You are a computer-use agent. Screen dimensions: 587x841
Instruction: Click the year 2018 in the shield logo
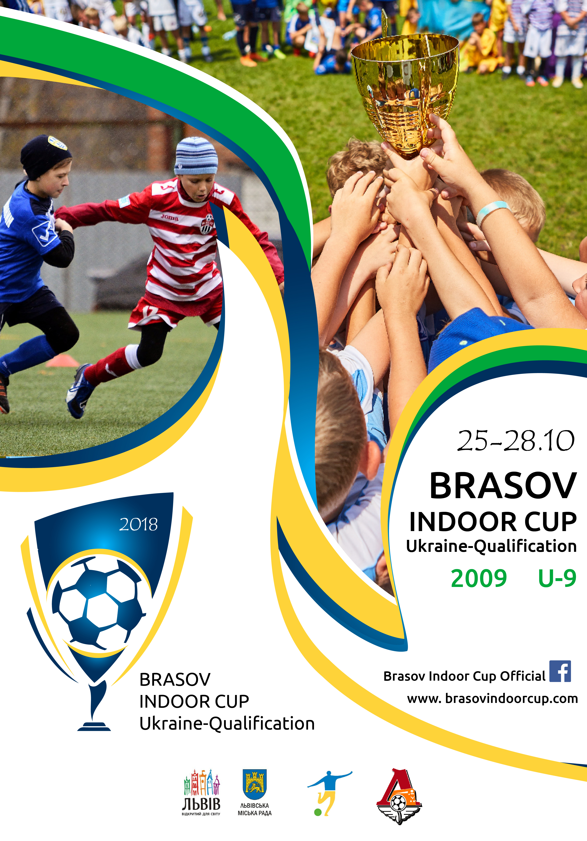pos(138,524)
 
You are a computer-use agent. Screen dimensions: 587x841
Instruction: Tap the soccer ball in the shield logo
pos(99,603)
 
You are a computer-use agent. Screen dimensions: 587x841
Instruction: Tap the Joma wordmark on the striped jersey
pos(170,217)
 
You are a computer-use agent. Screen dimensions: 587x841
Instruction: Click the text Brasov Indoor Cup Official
pos(464,676)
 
